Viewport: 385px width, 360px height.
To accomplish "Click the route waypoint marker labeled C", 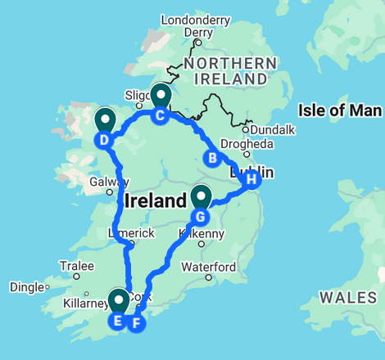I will click(160, 115).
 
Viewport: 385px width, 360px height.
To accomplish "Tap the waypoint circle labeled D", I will click(104, 140).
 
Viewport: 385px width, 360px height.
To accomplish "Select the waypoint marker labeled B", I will click(211, 158).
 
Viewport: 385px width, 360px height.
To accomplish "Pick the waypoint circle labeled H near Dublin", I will click(251, 178).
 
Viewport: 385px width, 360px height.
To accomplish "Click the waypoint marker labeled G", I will click(199, 217).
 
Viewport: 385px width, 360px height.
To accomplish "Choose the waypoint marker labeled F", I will click(137, 322).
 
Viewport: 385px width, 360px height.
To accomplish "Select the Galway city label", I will click(109, 182).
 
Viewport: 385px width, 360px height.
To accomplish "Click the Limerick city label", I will click(131, 233).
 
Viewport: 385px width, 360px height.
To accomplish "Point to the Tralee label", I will click(75, 266).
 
